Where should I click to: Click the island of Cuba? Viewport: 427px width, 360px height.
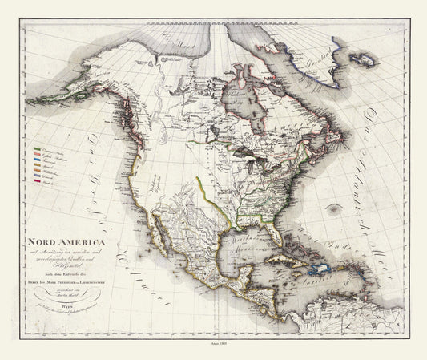click(284, 265)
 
